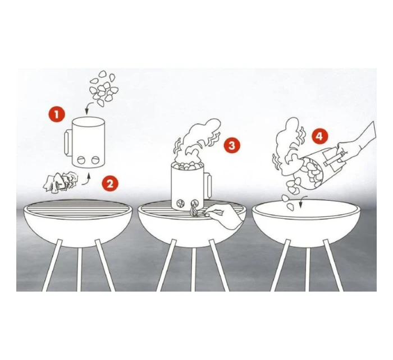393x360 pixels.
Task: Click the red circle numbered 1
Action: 57,114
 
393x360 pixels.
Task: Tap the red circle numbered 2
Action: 110,184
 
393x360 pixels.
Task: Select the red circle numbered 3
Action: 232,145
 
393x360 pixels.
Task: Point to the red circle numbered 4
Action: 319,137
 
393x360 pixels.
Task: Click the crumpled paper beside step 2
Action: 61,183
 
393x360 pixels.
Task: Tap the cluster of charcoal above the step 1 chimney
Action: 103,88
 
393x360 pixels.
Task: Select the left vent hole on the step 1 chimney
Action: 81,160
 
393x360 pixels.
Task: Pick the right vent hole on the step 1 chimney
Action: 95,160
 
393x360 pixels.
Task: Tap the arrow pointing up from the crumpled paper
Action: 86,181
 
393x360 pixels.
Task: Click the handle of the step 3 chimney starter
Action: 208,185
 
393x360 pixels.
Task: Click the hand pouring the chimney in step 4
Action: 356,145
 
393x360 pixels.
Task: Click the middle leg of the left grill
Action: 79,269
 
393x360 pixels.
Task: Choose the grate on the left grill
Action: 77,207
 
